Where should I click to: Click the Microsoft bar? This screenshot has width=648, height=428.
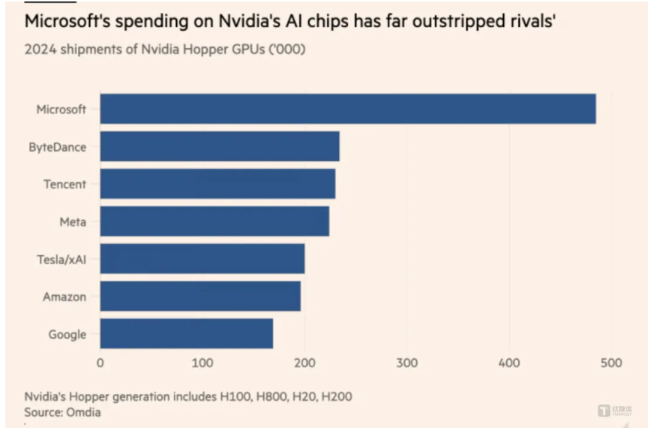(x=347, y=109)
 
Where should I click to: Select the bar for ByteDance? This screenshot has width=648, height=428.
(x=219, y=146)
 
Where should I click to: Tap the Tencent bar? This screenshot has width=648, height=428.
(x=217, y=184)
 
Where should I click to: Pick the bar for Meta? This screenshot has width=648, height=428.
(x=214, y=222)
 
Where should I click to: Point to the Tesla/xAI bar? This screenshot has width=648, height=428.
(x=202, y=259)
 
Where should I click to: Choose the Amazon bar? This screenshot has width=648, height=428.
(x=200, y=297)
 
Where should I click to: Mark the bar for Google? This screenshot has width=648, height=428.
(x=186, y=334)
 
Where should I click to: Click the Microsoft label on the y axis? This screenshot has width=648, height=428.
(x=61, y=110)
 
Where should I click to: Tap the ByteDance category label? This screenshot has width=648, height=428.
(x=58, y=147)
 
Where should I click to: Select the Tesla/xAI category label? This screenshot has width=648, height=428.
(x=61, y=260)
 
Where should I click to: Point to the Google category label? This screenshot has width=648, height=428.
(x=67, y=335)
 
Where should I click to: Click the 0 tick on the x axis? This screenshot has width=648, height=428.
(x=100, y=363)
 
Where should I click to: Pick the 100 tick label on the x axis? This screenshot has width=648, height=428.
(x=202, y=363)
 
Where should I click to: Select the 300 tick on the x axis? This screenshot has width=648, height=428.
(x=406, y=363)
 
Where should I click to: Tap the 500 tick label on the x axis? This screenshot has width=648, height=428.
(x=610, y=363)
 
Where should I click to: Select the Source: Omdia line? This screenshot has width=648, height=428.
(x=63, y=411)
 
